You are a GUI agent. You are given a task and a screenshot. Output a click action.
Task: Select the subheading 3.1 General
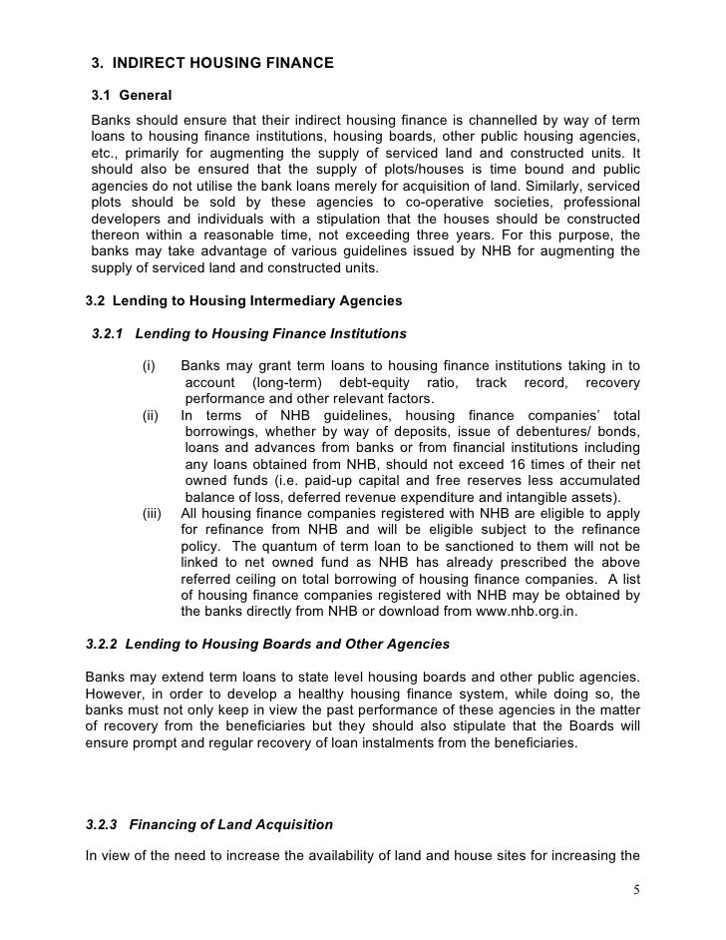point(132,96)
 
